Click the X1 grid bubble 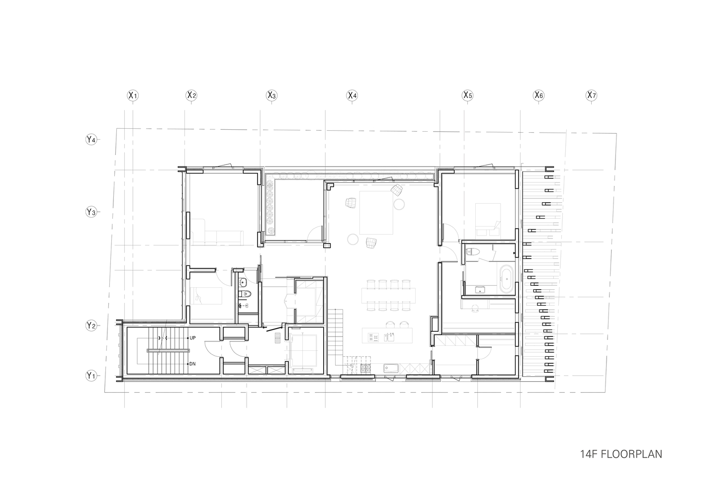tap(132, 95)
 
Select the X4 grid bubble tap(352, 95)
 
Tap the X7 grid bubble tap(591, 95)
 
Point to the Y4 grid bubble tap(90, 140)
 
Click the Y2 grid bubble tap(90, 326)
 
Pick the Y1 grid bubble tap(90, 376)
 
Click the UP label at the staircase tap(193, 338)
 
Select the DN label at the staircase tap(193, 364)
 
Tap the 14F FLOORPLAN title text tap(620, 454)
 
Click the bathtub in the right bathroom tap(506, 279)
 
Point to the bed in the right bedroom tap(487, 219)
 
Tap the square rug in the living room tap(377, 213)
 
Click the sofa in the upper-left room tap(217, 238)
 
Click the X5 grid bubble tap(467, 95)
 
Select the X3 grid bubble tap(271, 95)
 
